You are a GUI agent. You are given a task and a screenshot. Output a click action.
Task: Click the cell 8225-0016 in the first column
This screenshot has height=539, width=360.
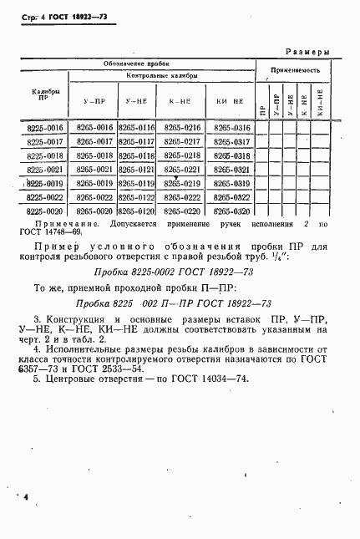(45, 128)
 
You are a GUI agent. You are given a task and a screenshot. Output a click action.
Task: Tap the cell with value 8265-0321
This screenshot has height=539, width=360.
(231, 170)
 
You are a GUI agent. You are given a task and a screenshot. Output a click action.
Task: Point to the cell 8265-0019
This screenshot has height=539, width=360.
(94, 184)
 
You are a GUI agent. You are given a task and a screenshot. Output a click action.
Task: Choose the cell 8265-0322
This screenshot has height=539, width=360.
(231, 197)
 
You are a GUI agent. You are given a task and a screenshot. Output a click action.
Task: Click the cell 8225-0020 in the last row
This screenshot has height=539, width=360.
(45, 211)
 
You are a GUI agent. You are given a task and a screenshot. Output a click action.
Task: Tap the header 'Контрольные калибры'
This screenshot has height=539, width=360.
(162, 76)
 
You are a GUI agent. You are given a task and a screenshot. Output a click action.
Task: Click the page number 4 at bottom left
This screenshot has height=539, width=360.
(26, 497)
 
